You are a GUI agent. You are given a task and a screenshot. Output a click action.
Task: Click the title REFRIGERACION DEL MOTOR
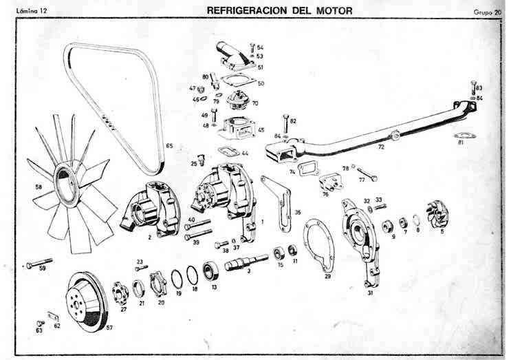pyautogui.click(x=279, y=11)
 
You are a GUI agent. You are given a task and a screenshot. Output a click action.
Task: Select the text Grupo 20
pyautogui.click(x=487, y=12)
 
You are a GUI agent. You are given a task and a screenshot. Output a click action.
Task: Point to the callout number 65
pyautogui.click(x=169, y=146)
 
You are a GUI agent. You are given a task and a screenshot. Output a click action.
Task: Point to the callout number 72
pyautogui.click(x=380, y=147)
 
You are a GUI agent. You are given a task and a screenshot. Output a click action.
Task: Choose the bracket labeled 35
pyautogui.click(x=281, y=203)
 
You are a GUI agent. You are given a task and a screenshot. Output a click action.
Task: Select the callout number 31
pyautogui.click(x=370, y=293)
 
